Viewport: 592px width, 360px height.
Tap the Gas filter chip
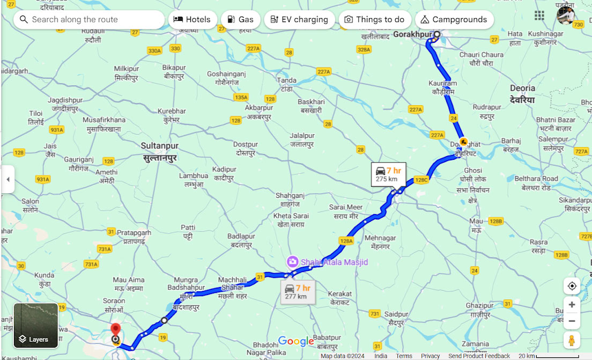240,20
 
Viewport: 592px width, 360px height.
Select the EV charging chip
299,20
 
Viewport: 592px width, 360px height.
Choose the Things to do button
374,20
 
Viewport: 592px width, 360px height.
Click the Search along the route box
89,20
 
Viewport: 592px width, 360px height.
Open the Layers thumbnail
36,326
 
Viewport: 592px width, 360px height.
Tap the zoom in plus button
572,305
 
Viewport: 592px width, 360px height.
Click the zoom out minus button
572,321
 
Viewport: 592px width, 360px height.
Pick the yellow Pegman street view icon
572,340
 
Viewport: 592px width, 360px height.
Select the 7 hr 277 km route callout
298,292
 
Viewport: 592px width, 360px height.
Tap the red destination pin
115,330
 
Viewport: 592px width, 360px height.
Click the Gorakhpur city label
412,35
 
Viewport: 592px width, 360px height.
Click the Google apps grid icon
539,15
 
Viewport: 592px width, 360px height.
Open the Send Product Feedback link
479,356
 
